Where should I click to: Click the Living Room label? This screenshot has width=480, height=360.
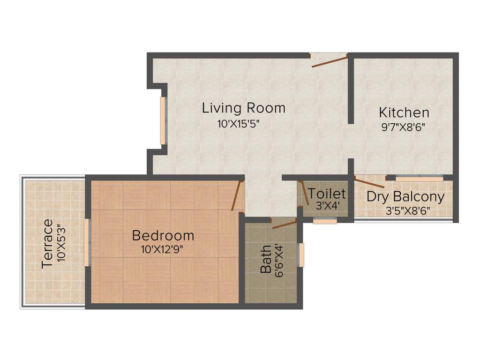click(x=243, y=108)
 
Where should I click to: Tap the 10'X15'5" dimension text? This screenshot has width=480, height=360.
click(x=238, y=124)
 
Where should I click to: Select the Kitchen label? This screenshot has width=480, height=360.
click(x=404, y=112)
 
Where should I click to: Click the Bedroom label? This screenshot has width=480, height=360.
click(x=163, y=235)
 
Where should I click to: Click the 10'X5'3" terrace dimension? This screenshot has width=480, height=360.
click(x=61, y=243)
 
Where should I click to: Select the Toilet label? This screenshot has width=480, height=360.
click(x=327, y=193)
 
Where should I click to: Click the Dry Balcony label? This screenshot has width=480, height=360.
click(x=405, y=196)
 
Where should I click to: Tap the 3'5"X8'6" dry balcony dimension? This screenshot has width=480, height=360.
click(x=407, y=210)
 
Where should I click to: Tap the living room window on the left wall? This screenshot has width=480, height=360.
click(x=163, y=120)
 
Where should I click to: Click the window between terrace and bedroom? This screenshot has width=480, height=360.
click(x=87, y=242)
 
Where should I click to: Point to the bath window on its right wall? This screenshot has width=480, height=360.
click(x=301, y=255)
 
